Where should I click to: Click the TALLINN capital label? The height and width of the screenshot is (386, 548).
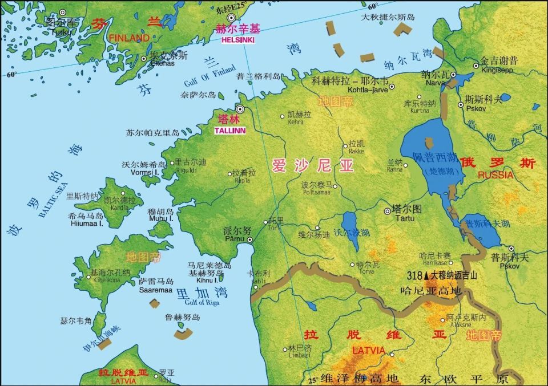pos(230,131)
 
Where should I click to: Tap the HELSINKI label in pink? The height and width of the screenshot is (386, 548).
pos(235,40)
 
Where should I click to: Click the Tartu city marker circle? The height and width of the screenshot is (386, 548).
pos(388,210)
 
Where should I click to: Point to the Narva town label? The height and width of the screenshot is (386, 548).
pos(436,82)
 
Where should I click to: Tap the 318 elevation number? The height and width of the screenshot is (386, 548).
pos(415,275)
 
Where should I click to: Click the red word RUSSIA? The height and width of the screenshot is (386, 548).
pos(495,175)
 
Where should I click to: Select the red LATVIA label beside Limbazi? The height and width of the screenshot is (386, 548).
pos(368,350)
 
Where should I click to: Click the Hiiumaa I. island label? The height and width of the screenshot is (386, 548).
pos(86,224)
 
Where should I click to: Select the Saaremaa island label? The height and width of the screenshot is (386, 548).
pos(155,290)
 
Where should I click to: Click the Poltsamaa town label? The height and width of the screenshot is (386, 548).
pos(317,193)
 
